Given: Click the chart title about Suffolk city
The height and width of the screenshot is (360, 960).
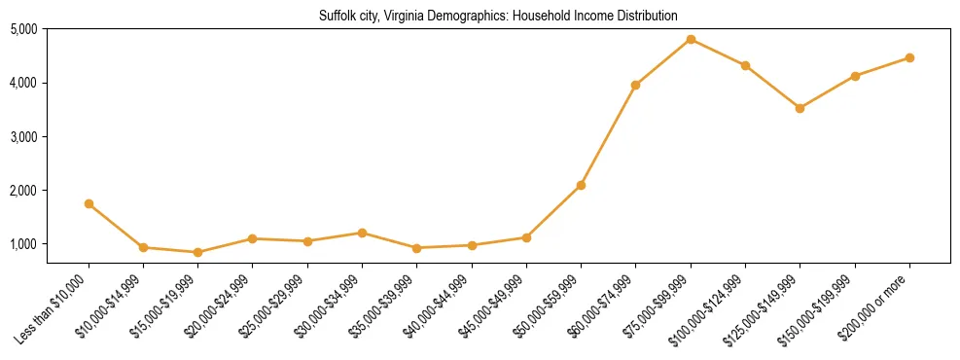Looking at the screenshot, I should coord(498,16).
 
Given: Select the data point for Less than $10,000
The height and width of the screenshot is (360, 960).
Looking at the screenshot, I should coord(89,203).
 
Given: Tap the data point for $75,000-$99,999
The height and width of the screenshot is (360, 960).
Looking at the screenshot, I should coord(691,39).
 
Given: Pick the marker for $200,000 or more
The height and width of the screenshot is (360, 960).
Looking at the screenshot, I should coord(909,57).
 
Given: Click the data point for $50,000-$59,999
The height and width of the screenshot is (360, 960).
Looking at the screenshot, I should coord(581,185).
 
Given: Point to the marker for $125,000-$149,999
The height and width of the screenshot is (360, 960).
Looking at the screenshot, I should coord(800,108).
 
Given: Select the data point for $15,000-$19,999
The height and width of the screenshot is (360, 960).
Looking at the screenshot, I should coord(198,252).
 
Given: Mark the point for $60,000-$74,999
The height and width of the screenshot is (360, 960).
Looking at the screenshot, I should coord(635,85).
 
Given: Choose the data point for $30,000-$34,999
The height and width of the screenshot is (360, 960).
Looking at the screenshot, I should coord(362,233).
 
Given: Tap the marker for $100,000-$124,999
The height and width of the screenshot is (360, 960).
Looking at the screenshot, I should coord(745,65).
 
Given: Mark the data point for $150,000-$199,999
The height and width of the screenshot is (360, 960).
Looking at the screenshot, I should coord(855,76).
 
